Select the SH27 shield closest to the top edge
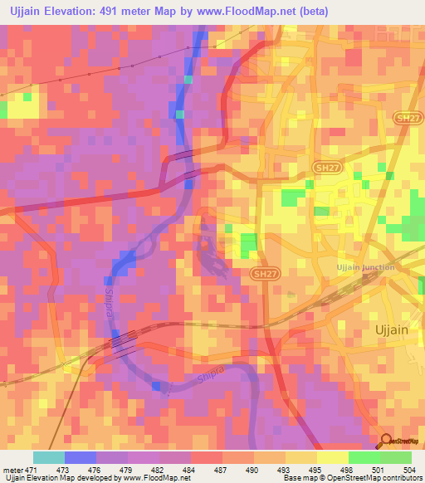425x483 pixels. click(404, 120)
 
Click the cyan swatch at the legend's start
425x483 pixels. click(49, 457)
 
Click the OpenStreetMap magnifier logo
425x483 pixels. click(384, 440)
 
